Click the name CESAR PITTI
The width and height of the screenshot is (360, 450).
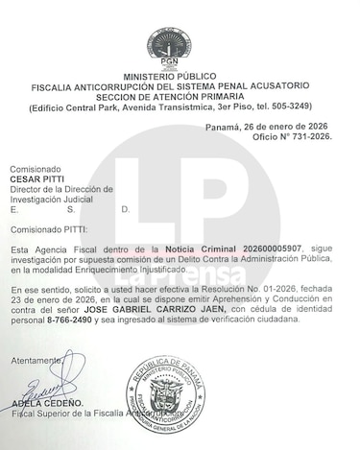(37, 178)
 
